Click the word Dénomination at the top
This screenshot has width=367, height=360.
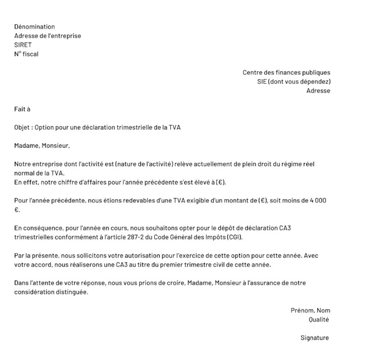click(x=34, y=27)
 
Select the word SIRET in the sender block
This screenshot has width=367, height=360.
click(x=23, y=45)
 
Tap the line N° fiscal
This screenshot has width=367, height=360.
click(x=26, y=54)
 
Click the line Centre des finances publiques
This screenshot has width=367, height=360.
click(x=286, y=73)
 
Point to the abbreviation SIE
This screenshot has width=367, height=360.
click(x=262, y=82)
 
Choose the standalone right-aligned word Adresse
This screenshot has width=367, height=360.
click(x=318, y=91)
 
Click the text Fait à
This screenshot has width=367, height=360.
click(x=22, y=109)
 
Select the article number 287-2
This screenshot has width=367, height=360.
click(x=139, y=237)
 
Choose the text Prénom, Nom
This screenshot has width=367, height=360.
click(x=310, y=310)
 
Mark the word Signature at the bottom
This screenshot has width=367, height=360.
click(x=315, y=338)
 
